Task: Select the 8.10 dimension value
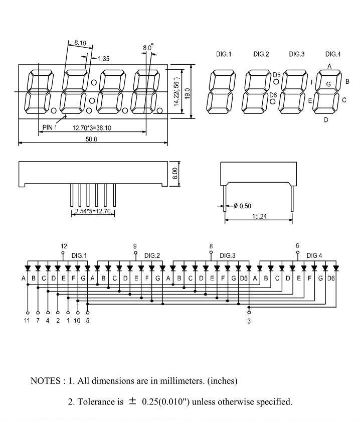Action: pyautogui.click(x=80, y=44)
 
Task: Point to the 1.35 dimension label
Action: pyautogui.click(x=103, y=59)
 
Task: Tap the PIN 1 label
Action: pyautogui.click(x=49, y=127)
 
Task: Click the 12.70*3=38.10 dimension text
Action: pyautogui.click(x=92, y=128)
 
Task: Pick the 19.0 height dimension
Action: pyautogui.click(x=187, y=93)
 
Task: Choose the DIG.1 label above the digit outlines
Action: pyautogui.click(x=224, y=54)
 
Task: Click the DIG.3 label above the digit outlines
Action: pyautogui.click(x=297, y=54)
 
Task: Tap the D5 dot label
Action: pyautogui.click(x=277, y=75)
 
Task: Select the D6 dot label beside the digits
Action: pyautogui.click(x=273, y=95)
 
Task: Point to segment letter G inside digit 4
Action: pyautogui.click(x=328, y=84)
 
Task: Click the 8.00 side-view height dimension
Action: pyautogui.click(x=174, y=174)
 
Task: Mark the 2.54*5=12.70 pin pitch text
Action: pyautogui.click(x=93, y=212)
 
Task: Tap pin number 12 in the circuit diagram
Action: pyautogui.click(x=64, y=246)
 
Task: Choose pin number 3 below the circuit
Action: pyautogui.click(x=249, y=321)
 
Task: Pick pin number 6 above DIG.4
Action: pyautogui.click(x=297, y=245)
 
